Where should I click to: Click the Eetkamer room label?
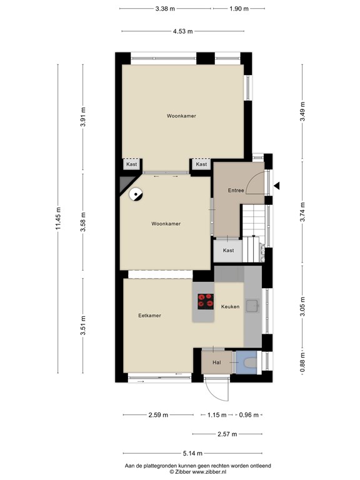coord(149,315)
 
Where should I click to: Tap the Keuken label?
coord(230,306)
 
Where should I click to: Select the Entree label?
coord(236,191)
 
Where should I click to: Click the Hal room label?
coord(216,362)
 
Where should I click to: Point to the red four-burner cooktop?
coord(206,301)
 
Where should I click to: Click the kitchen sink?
coord(252,306)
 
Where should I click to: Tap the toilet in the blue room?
coord(251,362)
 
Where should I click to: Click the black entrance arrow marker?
coord(276,186)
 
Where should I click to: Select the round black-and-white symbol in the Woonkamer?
coord(135,194)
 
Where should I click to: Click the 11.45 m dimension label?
coord(59,218)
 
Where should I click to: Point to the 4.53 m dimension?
coord(182,31)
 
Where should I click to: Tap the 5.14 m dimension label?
coord(192,453)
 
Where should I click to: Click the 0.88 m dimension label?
coord(302,362)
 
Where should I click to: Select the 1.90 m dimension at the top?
coord(239,9)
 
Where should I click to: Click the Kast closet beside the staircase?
coord(228,251)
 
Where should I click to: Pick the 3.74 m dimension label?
coord(302,212)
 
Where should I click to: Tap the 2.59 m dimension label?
coord(158,415)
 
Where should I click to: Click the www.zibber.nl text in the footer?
coord(209,472)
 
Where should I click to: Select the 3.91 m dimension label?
coord(83,117)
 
